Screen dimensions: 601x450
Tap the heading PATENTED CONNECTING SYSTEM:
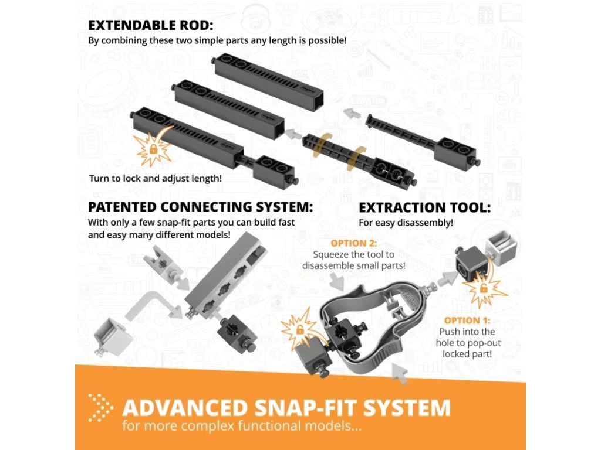200,208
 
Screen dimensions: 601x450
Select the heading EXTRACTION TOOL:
425,208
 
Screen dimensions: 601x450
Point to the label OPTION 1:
467,321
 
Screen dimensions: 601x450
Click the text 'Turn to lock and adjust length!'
156,178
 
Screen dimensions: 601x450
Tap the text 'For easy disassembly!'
406,223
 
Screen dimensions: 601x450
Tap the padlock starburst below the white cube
483,288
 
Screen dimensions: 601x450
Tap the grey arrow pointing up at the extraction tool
402,373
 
